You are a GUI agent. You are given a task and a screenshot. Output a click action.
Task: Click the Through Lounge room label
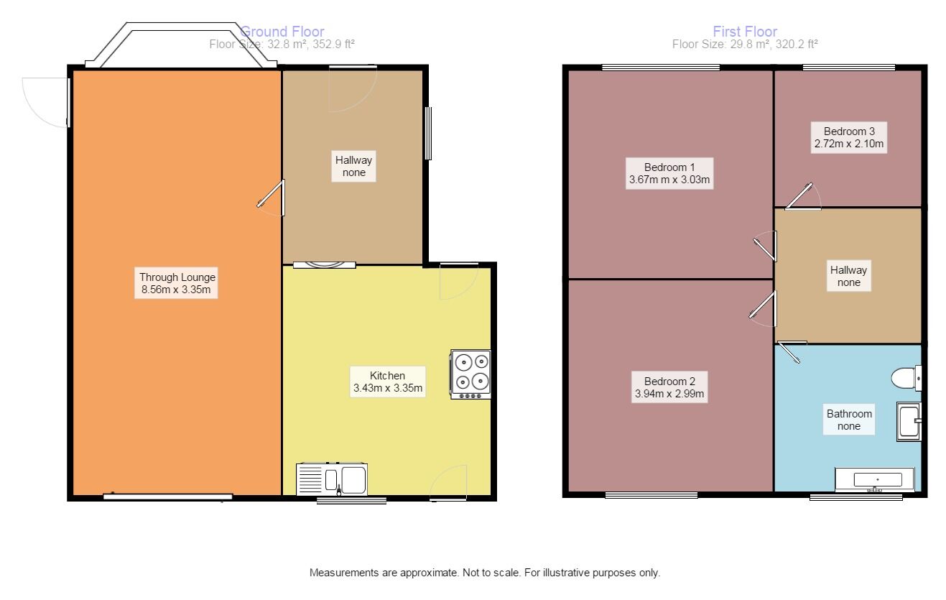[177, 284]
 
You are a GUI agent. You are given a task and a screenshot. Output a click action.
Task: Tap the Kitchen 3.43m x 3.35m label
[387, 382]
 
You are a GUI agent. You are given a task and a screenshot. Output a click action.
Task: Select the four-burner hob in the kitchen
[470, 374]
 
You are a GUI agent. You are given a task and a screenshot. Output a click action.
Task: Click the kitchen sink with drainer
[332, 479]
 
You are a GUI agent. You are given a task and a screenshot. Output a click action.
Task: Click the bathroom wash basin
[909, 421]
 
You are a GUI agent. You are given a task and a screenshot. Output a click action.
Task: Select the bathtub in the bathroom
[874, 479]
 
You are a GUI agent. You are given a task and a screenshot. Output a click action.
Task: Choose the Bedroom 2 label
[669, 387]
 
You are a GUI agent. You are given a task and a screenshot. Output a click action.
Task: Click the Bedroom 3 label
[848, 137]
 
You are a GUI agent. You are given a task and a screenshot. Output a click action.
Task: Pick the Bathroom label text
[849, 420]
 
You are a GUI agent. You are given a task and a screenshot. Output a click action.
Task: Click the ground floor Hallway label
[353, 166]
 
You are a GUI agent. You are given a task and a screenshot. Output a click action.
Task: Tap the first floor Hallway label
[848, 277]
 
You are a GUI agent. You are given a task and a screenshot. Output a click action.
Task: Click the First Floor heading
[744, 32]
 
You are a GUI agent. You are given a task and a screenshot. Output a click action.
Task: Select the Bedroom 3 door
[803, 198]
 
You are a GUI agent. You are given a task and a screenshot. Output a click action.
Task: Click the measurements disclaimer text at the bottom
[484, 573]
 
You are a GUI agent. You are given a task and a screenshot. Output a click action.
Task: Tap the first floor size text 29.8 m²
[745, 44]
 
